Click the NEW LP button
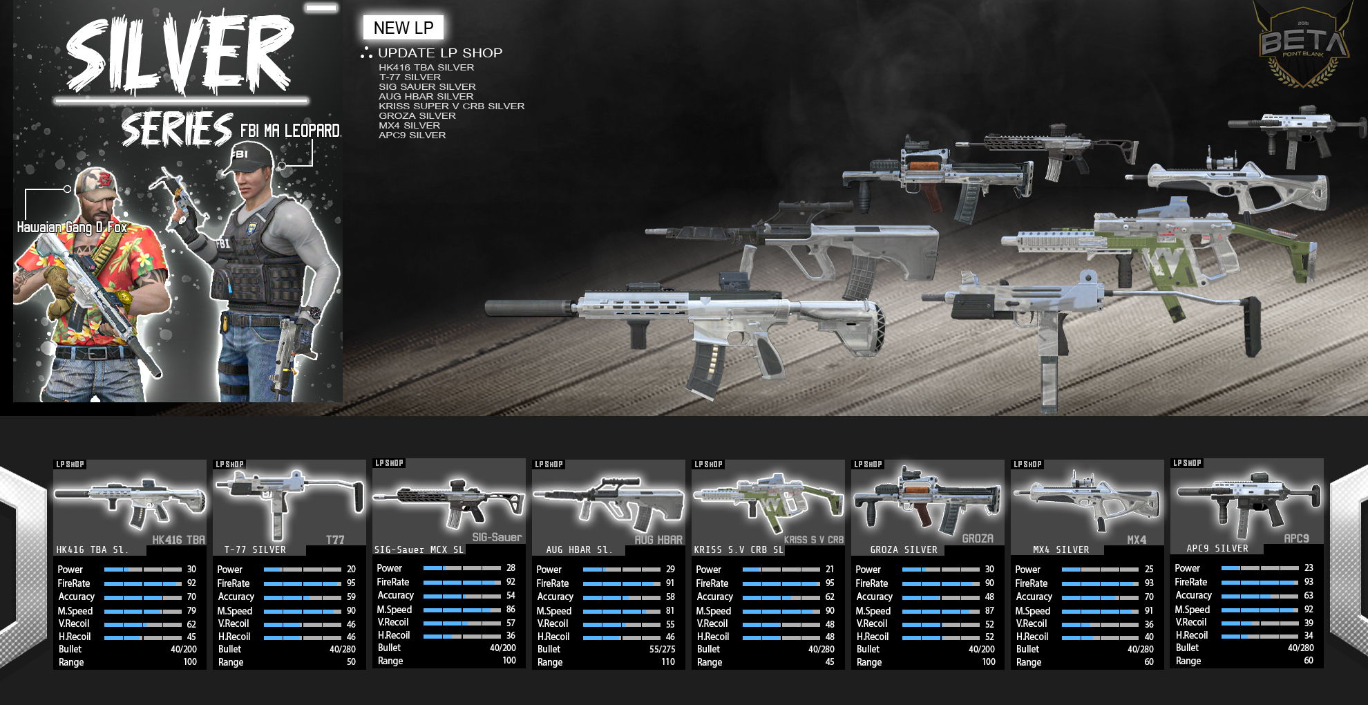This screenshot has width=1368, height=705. pos(403,28)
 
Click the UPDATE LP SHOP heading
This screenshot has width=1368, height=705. pos(439,53)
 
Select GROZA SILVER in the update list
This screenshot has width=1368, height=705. pos(417,116)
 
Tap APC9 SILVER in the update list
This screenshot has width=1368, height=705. pos(412,135)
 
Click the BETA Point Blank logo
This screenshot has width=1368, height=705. pos(1303,46)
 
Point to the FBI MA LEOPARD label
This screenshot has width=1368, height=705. pos(289,131)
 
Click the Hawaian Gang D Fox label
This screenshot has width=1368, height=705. pos(72,227)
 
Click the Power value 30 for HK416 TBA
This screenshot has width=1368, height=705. pos(191,570)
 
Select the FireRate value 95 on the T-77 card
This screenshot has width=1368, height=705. pos(351,583)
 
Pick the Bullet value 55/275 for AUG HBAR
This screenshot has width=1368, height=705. pos(662,650)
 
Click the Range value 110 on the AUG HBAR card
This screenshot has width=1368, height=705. pos(667,662)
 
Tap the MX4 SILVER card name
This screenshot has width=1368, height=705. pos(1061,550)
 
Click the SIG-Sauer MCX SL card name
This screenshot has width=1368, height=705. pos(419,550)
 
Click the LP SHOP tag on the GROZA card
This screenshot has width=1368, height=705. pos(868,464)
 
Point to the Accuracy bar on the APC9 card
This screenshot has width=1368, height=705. pos(1260,596)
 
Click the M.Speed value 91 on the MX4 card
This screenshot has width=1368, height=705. pos(1148,611)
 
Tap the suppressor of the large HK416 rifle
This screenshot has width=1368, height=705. pos(529,308)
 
